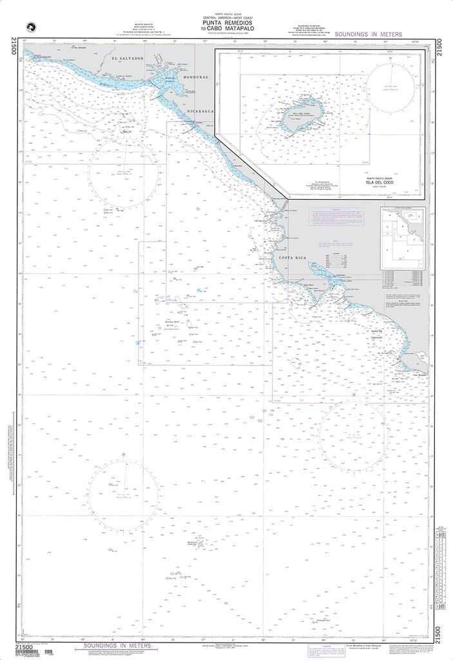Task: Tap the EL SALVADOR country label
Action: [x=126, y=59]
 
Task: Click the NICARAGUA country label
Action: [x=200, y=111]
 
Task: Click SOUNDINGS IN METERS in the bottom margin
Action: [x=113, y=645]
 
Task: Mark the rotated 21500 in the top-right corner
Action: [x=439, y=48]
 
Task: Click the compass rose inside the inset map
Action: [x=390, y=86]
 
